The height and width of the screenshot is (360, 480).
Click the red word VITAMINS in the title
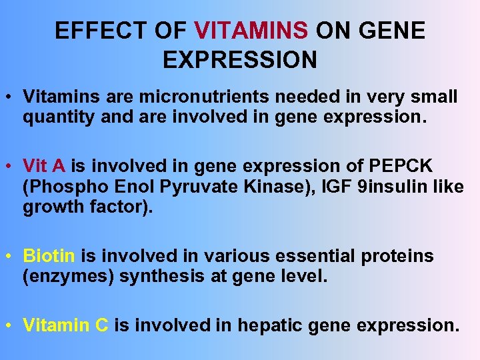point(251,31)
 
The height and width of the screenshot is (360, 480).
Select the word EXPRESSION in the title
point(240,60)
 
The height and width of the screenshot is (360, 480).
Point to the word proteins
point(401,256)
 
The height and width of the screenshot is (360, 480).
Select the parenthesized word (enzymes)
point(68,276)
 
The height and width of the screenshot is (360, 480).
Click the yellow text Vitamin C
point(65,325)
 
